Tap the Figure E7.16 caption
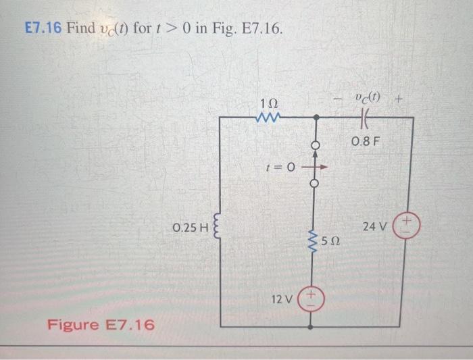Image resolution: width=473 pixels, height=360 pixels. (100, 325)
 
